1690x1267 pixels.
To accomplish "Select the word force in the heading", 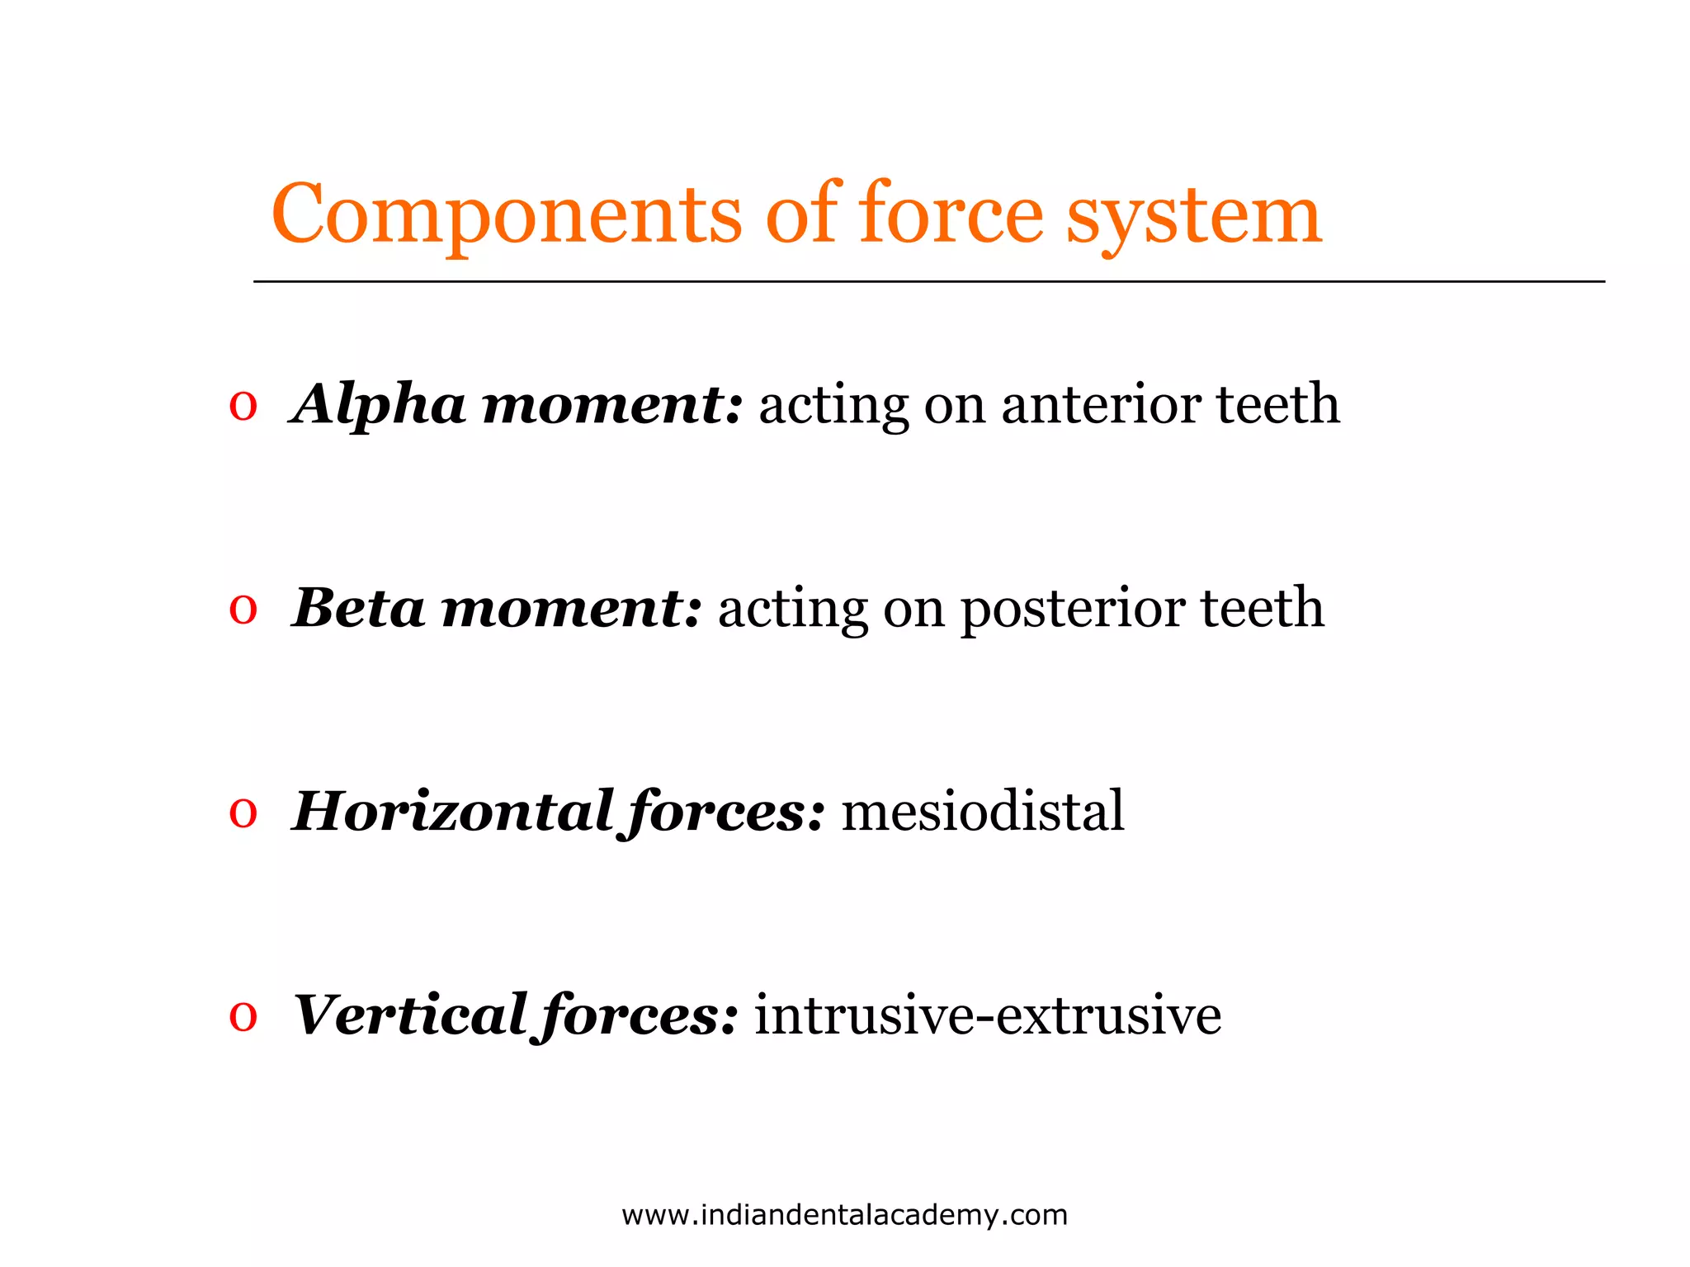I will tap(951, 214).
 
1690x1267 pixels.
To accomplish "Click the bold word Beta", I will tap(360, 609).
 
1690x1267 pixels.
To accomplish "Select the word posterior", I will tap(1073, 609).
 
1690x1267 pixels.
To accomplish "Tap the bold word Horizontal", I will tap(452, 812).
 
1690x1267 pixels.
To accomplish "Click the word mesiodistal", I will tap(982, 812).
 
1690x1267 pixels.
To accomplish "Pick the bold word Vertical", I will tap(411, 1015).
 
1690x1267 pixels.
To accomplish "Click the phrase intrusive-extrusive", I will tap(987, 1015).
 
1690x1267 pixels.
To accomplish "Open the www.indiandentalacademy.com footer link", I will tap(844, 1215).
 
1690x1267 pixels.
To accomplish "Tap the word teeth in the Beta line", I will tap(1262, 609).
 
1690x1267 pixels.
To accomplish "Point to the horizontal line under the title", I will tap(928, 281).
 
